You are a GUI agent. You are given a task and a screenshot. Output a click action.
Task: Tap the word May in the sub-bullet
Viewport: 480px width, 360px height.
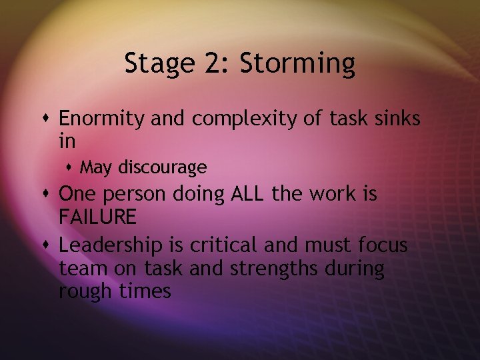[96, 167]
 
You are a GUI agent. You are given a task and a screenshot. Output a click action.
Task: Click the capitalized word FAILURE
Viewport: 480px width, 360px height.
[97, 216]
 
